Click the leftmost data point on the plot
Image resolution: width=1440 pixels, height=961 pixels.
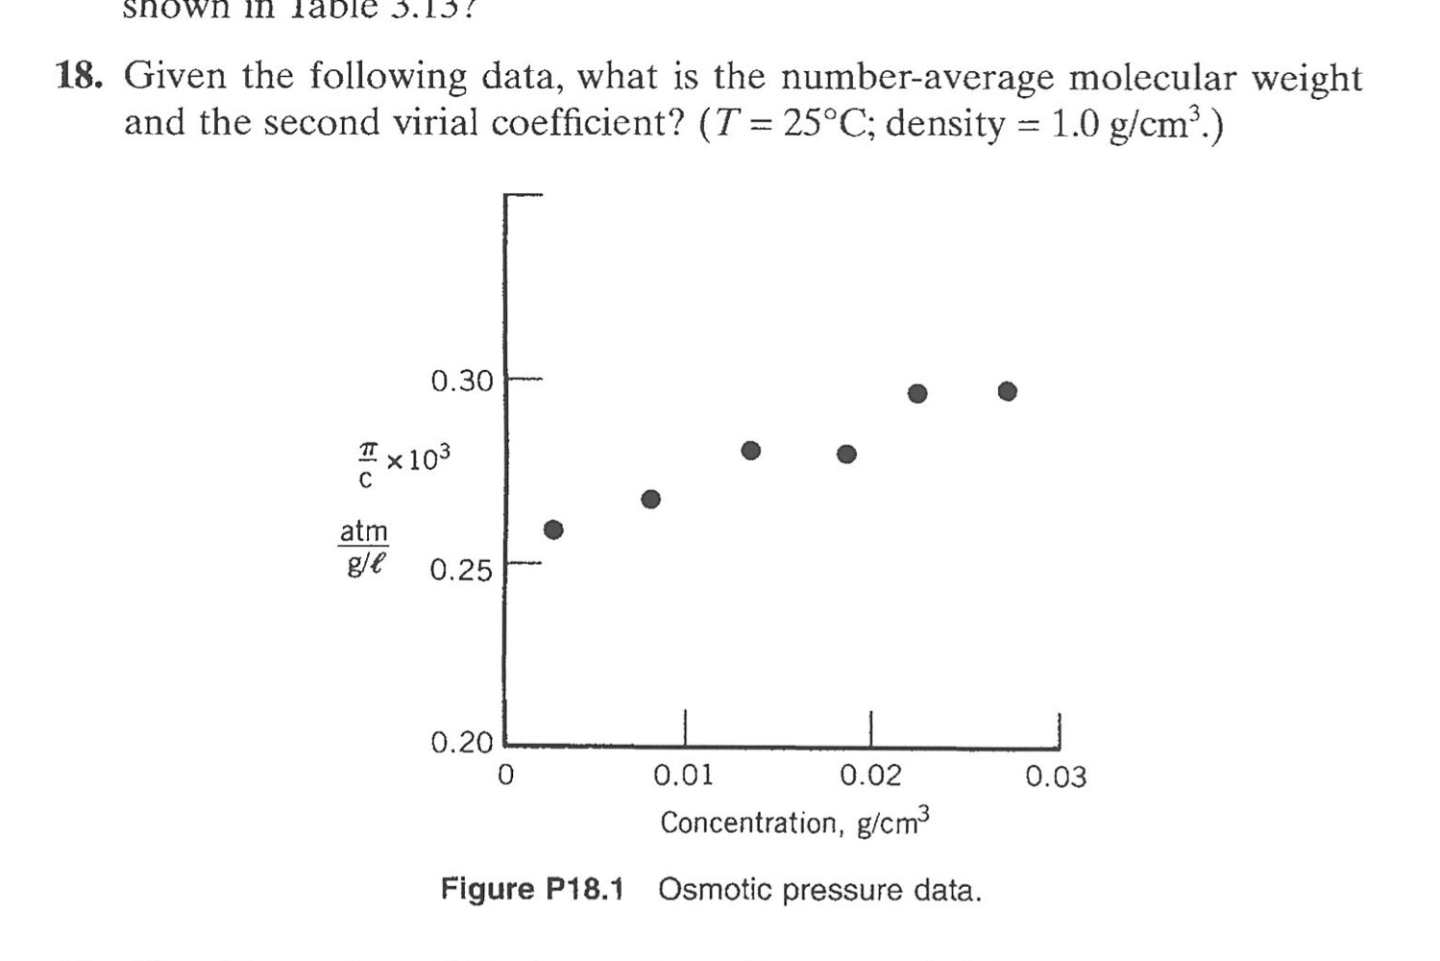pyautogui.click(x=553, y=530)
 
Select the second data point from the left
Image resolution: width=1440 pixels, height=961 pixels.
pyautogui.click(x=651, y=499)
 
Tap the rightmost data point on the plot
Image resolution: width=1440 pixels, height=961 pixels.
pyautogui.click(x=1007, y=391)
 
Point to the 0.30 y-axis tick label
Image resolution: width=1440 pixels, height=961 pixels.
pyautogui.click(x=461, y=382)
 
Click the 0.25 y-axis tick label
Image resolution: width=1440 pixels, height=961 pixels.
pyautogui.click(x=461, y=571)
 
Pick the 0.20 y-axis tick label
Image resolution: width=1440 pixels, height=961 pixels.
pyautogui.click(x=461, y=743)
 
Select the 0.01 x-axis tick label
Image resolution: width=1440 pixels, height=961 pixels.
pyautogui.click(x=683, y=776)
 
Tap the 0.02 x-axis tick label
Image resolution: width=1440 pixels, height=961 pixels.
pyautogui.click(x=870, y=776)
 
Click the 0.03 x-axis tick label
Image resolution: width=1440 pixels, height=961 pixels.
pyautogui.click(x=1056, y=776)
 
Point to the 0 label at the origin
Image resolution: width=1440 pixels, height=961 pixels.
pyautogui.click(x=506, y=774)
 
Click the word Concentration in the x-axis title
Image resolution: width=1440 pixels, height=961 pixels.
pyautogui.click(x=748, y=824)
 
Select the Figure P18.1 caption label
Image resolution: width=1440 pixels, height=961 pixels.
pyautogui.click(x=532, y=889)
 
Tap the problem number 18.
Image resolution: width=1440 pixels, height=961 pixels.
pyautogui.click(x=79, y=75)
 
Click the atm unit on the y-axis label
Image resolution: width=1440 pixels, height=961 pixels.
pyautogui.click(x=364, y=530)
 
